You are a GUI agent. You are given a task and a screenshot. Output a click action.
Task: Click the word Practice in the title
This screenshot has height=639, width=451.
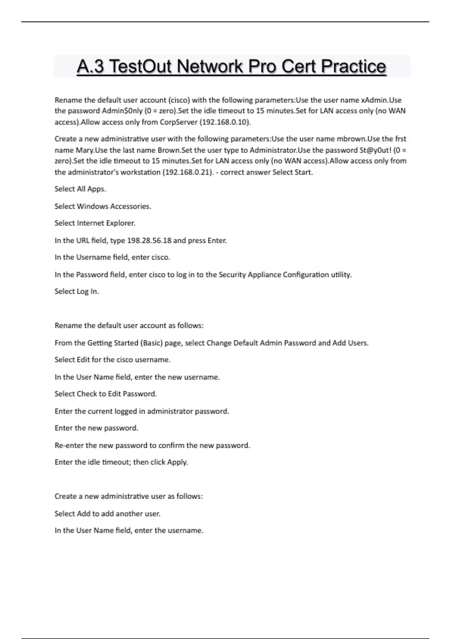[353, 67]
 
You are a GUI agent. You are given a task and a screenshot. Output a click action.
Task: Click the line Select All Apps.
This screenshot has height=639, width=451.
[80, 189]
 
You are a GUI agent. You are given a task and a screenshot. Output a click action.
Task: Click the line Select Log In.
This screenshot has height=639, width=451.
[77, 291]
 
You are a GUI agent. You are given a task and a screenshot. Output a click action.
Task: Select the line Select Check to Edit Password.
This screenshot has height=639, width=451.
[106, 394]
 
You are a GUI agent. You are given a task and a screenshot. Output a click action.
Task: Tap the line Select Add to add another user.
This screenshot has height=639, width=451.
[107, 513]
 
